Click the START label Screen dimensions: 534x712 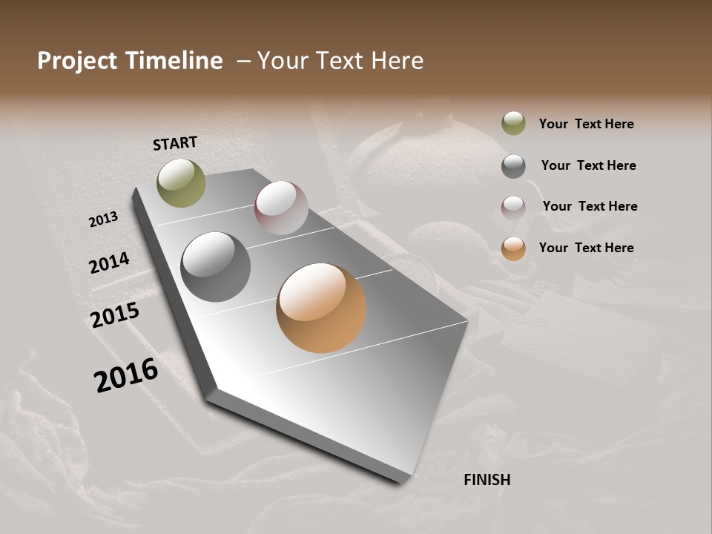point(175,143)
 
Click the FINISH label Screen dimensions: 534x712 point(487,480)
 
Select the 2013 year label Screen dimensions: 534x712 point(104,219)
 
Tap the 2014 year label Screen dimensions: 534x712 point(109,263)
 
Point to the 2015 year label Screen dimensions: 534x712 point(115,315)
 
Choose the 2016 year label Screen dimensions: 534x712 point(126,375)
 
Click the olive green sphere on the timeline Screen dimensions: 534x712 point(181,183)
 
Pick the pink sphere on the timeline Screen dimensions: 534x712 point(281,208)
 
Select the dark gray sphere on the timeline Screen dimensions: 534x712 point(216,267)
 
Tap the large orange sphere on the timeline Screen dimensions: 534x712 point(321,308)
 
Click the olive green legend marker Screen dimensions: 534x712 point(513,124)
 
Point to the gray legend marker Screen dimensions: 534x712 point(513,166)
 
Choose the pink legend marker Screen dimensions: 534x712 point(513,207)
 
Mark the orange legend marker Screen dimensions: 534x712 point(513,248)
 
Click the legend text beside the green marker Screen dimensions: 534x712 point(586,124)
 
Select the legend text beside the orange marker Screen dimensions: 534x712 point(586,248)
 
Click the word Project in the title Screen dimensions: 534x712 point(76,61)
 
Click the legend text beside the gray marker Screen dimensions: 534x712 point(588,165)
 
